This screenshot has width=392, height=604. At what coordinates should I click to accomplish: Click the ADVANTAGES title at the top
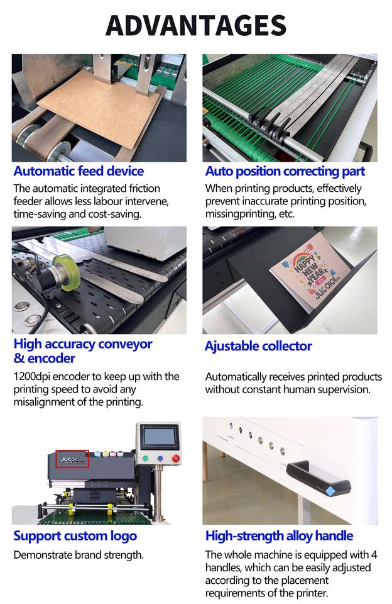pos(195,26)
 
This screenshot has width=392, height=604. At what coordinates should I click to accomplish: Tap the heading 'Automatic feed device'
pos(79,171)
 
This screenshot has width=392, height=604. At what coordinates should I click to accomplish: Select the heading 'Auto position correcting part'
pos(285,171)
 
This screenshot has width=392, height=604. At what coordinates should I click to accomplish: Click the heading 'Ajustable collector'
pos(258,346)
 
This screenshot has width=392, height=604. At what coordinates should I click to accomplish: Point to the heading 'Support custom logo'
pos(75,536)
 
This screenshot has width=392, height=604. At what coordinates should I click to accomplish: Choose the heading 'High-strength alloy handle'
pos(279,536)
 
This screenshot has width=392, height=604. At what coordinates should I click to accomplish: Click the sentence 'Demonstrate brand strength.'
pos(79,555)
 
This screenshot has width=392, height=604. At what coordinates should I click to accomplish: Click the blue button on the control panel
pos(161,459)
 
